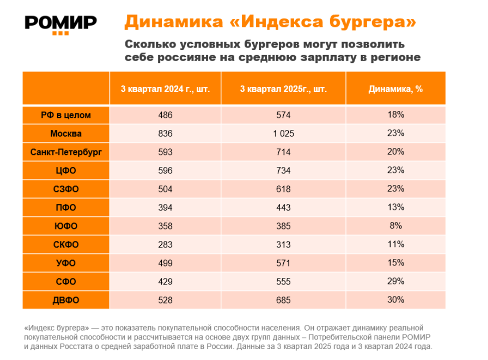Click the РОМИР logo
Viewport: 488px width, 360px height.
tap(61, 23)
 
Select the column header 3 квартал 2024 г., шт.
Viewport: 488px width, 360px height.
tap(165, 89)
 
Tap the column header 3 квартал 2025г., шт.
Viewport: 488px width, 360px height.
tap(283, 89)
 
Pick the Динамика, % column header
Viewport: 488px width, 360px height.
tap(396, 89)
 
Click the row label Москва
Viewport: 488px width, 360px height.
tap(66, 133)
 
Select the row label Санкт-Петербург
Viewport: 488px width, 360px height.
tap(66, 152)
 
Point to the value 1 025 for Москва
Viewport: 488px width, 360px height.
tap(283, 133)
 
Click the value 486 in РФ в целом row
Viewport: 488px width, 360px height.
tap(165, 115)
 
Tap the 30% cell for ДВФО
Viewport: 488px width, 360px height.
tap(396, 299)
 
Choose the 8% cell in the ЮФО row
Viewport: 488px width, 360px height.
tap(396, 225)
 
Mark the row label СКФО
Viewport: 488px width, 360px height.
tap(66, 244)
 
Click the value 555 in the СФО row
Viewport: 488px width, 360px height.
tap(283, 281)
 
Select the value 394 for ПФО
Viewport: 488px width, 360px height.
tap(165, 207)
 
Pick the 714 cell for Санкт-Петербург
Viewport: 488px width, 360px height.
tap(283, 152)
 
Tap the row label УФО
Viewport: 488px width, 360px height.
tap(66, 263)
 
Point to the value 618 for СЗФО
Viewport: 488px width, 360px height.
tap(283, 189)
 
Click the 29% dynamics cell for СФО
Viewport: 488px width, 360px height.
tap(396, 281)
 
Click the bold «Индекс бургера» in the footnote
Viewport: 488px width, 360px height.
tap(56, 328)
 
